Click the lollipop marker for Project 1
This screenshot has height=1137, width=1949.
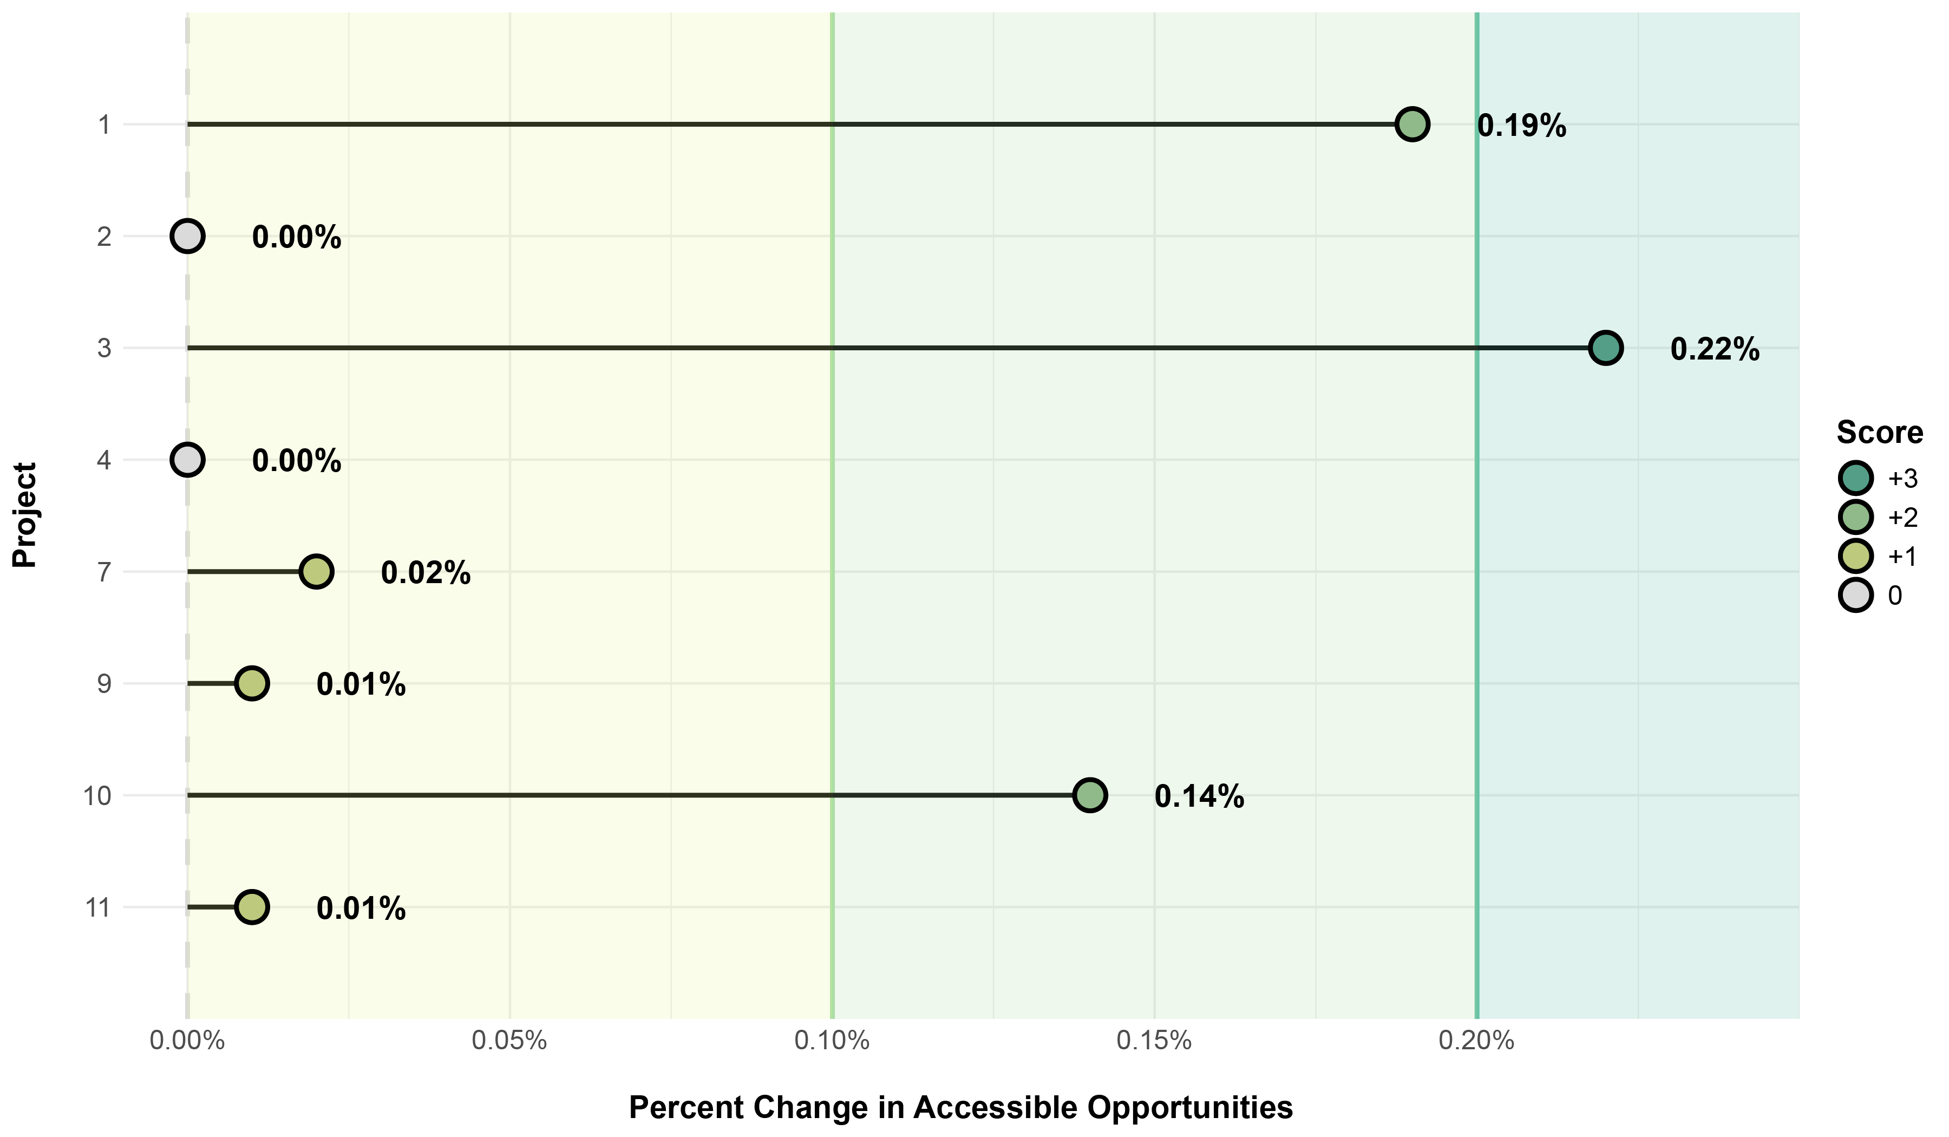click(x=1412, y=124)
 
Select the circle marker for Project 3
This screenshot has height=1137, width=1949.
click(x=1606, y=348)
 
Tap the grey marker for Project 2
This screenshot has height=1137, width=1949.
click(x=187, y=236)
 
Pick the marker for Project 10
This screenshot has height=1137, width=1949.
click(x=1090, y=795)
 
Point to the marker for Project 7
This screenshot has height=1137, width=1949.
click(x=316, y=572)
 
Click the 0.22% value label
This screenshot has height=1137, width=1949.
click(x=1715, y=350)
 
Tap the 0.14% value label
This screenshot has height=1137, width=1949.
click(x=1199, y=796)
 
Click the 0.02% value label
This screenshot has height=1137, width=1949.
click(x=426, y=573)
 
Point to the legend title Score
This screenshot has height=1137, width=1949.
click(x=1879, y=433)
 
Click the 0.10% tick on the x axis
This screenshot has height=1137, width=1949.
click(x=832, y=1041)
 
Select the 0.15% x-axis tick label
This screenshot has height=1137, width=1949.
click(x=1154, y=1041)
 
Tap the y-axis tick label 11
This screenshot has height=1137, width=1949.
click(x=98, y=907)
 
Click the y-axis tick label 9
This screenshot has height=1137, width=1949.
click(x=103, y=684)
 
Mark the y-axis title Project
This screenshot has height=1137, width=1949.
click(x=25, y=515)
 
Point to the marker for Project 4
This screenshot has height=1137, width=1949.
click(x=187, y=460)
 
